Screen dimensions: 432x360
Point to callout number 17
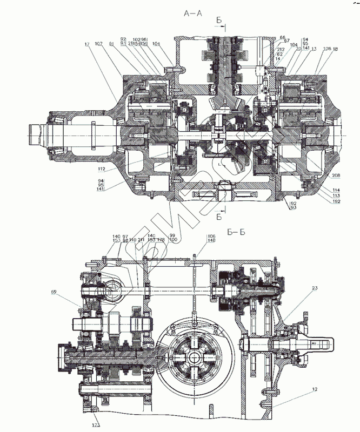pyautogui.click(x=86, y=44)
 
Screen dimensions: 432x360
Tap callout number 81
pyautogui.click(x=111, y=44)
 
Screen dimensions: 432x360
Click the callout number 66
pyautogui.click(x=282, y=37)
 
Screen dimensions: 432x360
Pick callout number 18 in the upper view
pyautogui.click(x=336, y=49)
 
